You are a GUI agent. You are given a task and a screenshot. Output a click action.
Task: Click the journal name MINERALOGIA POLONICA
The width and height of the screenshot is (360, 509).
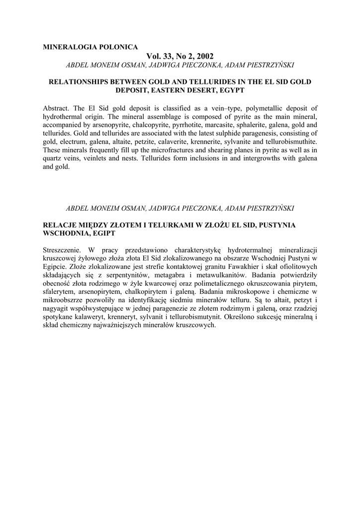pyautogui.click(x=90, y=47)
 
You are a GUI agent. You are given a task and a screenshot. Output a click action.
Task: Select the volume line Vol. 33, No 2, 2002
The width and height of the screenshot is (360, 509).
pyautogui.click(x=180, y=56)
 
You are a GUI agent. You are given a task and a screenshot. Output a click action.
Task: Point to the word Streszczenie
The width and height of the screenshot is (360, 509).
pyautogui.click(x=64, y=249)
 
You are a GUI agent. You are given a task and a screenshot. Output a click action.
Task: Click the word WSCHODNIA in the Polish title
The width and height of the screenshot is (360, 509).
pyautogui.click(x=66, y=233)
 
